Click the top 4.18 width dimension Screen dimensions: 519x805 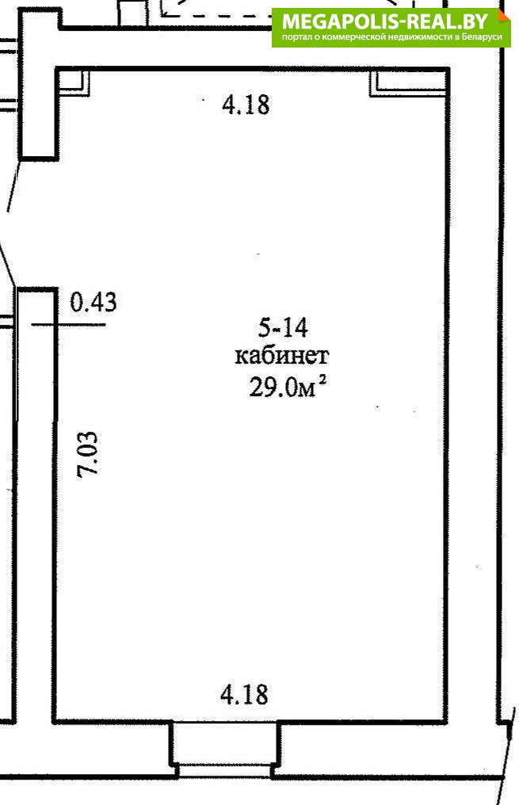coord(246,105)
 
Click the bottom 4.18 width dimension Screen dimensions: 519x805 coord(244,694)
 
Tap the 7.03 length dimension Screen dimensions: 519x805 coord(87,455)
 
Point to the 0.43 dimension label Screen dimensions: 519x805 coord(93,302)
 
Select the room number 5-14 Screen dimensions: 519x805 coord(283,328)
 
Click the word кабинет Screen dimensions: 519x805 coord(282,356)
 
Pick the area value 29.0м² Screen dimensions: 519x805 coord(288,386)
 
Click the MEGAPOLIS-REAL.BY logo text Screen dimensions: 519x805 coord(385,21)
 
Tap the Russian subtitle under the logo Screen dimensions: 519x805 coord(391,37)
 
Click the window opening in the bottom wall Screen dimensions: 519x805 coord(225,749)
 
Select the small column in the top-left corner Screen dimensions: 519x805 coord(73,82)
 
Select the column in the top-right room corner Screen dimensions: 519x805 coord(408,82)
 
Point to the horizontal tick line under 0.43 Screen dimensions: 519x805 coord(68,325)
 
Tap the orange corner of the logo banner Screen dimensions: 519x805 coord(504,15)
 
